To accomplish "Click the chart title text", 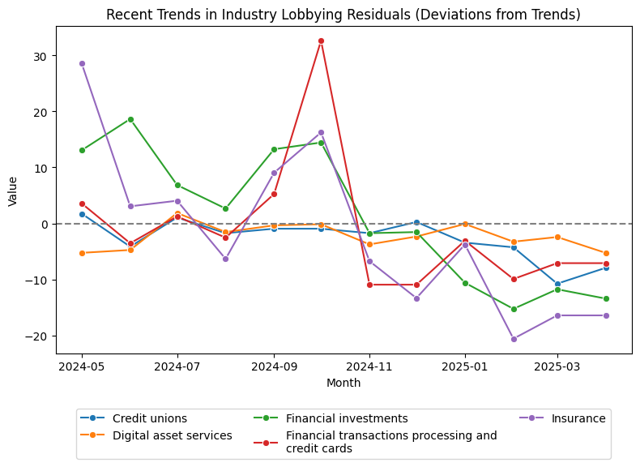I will [343, 15].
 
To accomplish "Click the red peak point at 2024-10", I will [321, 41].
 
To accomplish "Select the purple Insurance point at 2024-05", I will [82, 63].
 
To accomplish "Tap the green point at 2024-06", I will [130, 119].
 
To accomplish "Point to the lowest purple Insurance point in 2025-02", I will [514, 339].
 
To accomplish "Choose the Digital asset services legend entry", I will [172, 435].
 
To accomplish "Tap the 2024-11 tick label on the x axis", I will [369, 366].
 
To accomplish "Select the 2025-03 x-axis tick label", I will [557, 366].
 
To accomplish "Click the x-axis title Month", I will [343, 383].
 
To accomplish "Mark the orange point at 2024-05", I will [82, 253].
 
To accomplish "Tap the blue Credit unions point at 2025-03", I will [557, 284].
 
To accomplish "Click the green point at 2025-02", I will [514, 309].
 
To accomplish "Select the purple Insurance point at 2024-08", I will [225, 259].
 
